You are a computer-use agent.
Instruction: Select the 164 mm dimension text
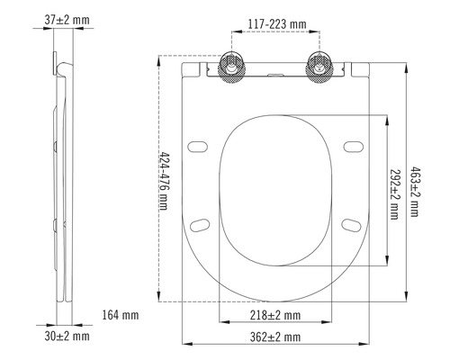(x=120, y=315)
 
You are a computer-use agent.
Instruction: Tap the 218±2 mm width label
(x=274, y=315)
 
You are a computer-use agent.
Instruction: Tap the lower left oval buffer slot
(x=202, y=222)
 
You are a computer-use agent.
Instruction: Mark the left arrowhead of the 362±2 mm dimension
(x=185, y=344)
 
